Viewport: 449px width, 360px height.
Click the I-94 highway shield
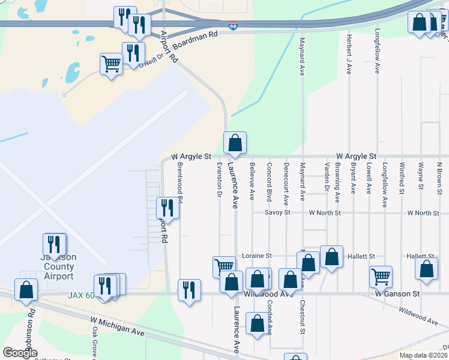click(232, 25)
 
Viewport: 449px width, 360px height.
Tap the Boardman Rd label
click(195, 39)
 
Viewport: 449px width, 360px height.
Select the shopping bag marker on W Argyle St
click(235, 143)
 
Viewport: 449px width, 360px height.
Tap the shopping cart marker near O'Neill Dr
click(111, 63)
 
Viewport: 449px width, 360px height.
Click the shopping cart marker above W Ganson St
click(381, 277)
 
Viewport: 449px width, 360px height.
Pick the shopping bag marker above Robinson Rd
click(26, 290)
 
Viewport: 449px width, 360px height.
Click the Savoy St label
click(279, 212)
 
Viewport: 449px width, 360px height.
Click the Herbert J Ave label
click(349, 53)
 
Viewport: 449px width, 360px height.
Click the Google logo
click(20, 352)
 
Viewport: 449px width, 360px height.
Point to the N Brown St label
click(439, 178)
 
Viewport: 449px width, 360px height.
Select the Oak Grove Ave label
click(95, 343)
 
